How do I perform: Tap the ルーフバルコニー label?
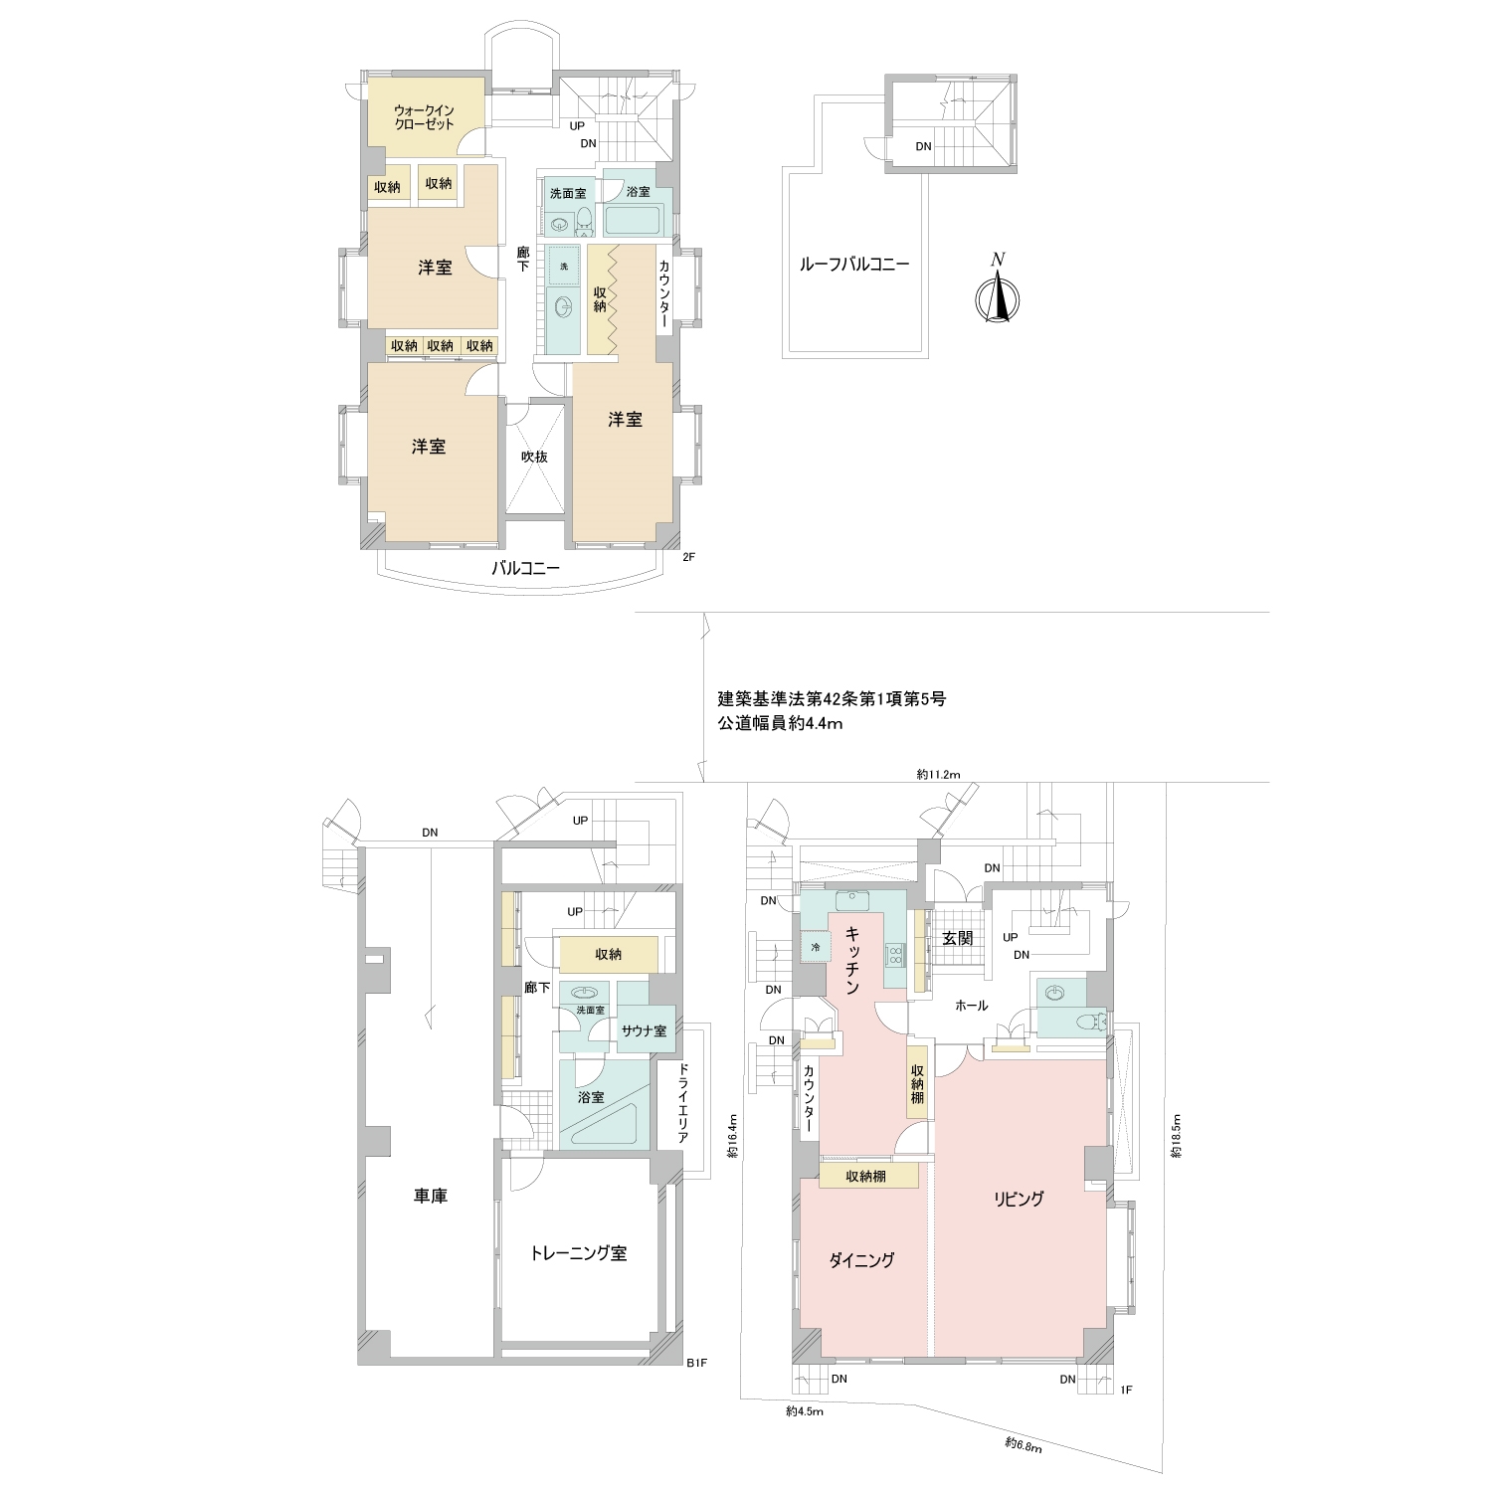854,265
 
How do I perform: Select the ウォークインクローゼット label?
424,117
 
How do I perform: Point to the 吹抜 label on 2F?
535,457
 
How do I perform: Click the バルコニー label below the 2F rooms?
526,569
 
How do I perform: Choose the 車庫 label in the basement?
431,1196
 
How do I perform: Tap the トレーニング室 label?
578,1253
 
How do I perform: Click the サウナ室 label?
644,1030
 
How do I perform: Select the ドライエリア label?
682,1103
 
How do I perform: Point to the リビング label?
1019,1199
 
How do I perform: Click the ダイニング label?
861,1260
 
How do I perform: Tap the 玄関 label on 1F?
957,938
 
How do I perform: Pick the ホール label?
971,1006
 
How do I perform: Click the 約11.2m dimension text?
938,774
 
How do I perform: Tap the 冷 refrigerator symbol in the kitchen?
815,946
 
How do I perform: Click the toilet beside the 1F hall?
1092,1021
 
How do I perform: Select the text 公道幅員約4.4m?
781,724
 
